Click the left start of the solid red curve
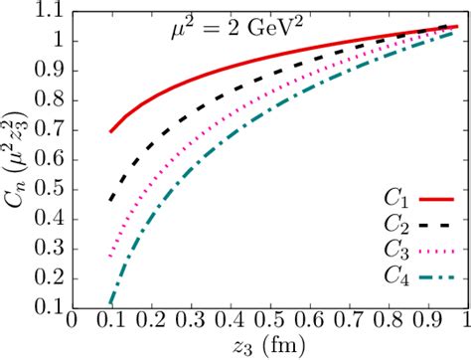pos(110,131)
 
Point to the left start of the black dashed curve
pos(110,200)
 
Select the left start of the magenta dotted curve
pos(110,257)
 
